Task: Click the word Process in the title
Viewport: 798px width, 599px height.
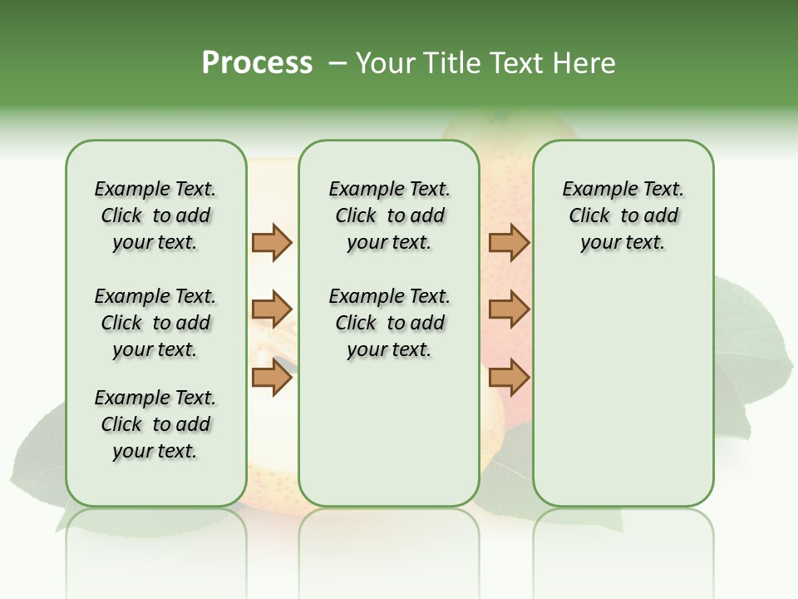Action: (257, 62)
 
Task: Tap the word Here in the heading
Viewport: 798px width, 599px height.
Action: (584, 63)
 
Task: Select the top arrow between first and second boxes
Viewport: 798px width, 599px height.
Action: (272, 242)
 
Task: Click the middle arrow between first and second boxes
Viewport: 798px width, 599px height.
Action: (272, 310)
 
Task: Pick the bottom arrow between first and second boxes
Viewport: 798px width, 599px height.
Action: (272, 378)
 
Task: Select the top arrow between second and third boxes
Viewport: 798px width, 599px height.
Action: (509, 242)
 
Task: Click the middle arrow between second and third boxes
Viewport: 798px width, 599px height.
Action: (509, 310)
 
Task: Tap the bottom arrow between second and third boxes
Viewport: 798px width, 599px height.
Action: (509, 378)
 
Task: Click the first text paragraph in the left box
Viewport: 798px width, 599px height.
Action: (155, 215)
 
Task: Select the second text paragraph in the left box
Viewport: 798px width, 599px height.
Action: (155, 323)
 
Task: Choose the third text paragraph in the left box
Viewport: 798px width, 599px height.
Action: (155, 424)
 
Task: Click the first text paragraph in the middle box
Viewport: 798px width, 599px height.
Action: (389, 215)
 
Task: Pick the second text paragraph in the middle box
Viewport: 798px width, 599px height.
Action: (389, 323)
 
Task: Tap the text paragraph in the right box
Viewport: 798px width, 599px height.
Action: (623, 215)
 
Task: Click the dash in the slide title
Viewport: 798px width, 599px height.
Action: (337, 63)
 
